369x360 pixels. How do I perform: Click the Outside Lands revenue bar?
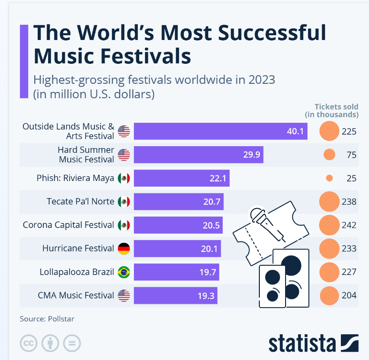pos(220,131)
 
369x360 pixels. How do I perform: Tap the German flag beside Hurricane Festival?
pos(123,248)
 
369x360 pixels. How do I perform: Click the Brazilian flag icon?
pos(123,272)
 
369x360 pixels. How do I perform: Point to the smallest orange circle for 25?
pos(329,178)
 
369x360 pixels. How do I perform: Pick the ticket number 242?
pos(349,225)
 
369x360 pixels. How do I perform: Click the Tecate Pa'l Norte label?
pos(81,201)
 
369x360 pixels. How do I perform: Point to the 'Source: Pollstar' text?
pos(47,319)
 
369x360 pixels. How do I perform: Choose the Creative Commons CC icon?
pos(29,342)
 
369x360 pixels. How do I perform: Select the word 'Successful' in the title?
pos(266,33)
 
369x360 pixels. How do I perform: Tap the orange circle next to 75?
pos(329,155)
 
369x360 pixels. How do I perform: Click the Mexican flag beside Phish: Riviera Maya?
pos(123,178)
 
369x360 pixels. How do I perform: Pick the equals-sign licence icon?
pos(72,342)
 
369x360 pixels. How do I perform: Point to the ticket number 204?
pos(349,295)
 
